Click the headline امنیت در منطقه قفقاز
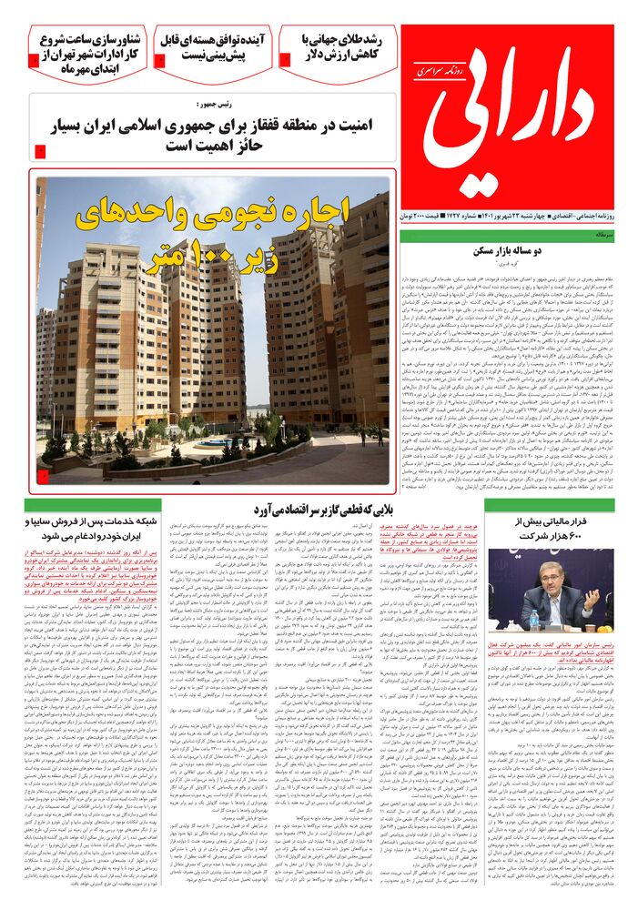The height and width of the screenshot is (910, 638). (217, 135)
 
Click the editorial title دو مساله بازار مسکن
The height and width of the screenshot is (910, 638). (507, 250)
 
